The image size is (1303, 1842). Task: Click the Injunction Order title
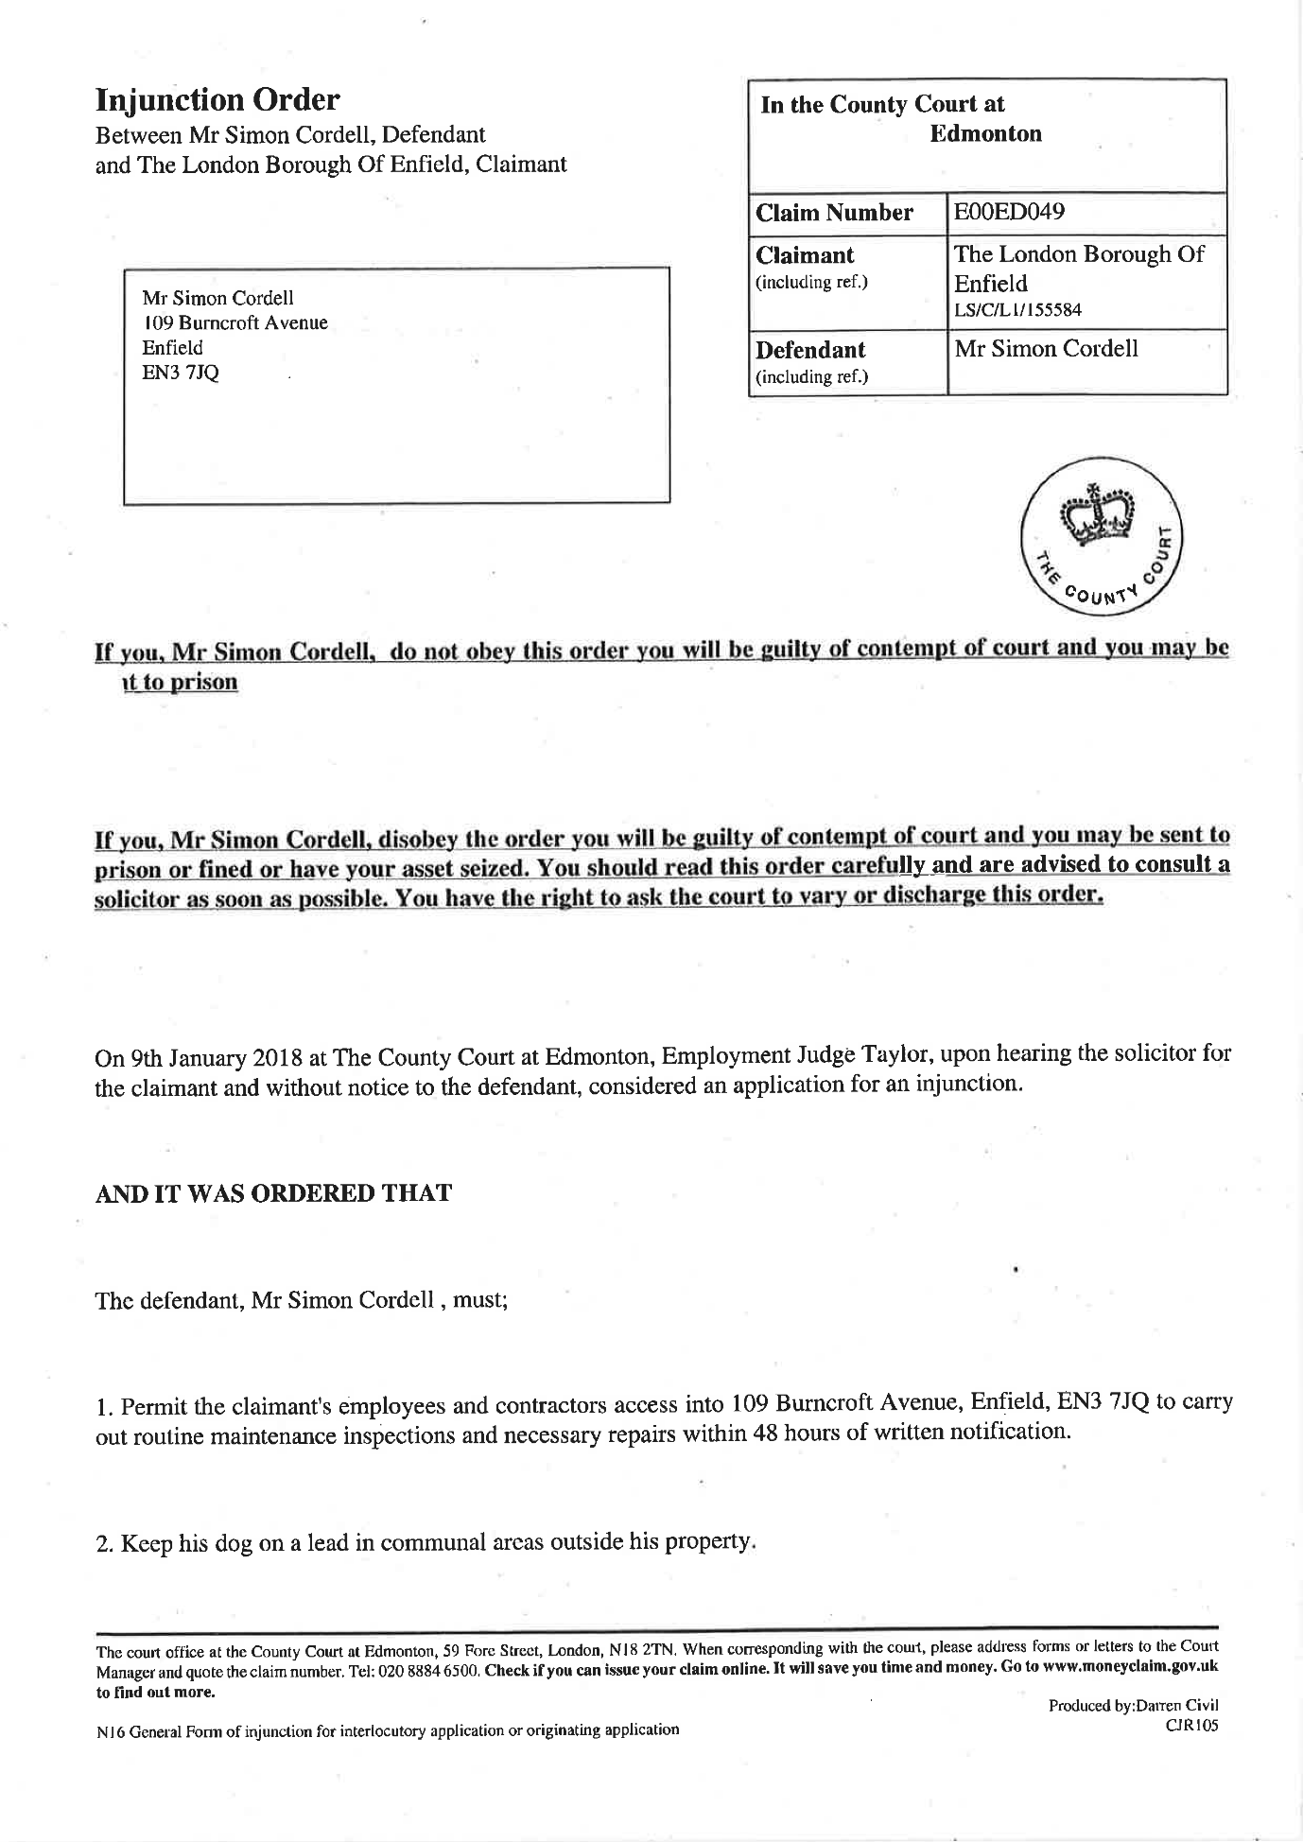(217, 100)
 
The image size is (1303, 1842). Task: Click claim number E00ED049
(1009, 212)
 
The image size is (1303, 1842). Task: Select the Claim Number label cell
(834, 213)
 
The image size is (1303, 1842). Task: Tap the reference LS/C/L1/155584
(1017, 310)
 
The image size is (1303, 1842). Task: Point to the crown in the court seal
(1096, 515)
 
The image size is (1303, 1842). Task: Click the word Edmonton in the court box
(985, 133)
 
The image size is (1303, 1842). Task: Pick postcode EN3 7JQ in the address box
(181, 373)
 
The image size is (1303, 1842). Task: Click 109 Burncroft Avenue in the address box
(235, 322)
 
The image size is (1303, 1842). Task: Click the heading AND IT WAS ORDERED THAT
(273, 1193)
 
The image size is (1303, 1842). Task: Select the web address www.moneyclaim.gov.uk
(1130, 1666)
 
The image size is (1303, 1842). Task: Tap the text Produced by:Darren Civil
(1133, 1705)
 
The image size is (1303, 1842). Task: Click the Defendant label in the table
(810, 350)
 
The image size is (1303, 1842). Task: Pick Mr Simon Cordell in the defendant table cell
(1046, 349)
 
